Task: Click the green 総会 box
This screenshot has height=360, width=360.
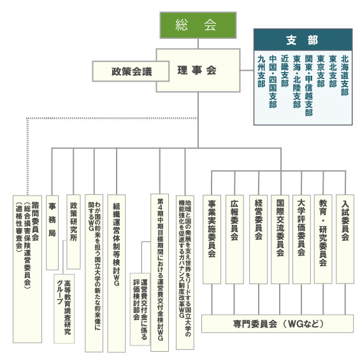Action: [198, 25]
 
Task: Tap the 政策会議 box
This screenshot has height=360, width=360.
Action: [131, 71]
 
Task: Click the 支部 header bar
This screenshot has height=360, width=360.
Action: [303, 40]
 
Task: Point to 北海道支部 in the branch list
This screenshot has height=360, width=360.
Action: [345, 75]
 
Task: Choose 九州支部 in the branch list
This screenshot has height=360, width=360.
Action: [261, 71]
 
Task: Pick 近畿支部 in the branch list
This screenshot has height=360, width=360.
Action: [285, 71]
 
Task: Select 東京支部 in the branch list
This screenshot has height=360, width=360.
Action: [320, 71]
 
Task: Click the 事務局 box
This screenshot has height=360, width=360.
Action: [52, 233]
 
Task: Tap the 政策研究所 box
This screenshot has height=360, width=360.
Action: [73, 232]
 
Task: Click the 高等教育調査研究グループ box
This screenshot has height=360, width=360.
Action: [64, 308]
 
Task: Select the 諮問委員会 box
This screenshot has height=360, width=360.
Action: [27, 269]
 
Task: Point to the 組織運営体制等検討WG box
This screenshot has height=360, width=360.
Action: [117, 273]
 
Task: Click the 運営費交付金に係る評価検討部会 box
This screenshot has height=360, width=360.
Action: [140, 309]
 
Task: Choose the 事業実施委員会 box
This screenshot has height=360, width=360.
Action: [212, 239]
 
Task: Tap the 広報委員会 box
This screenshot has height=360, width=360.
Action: [234, 239]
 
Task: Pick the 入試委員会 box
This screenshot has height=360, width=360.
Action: [345, 239]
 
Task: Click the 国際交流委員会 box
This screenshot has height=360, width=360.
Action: [280, 239]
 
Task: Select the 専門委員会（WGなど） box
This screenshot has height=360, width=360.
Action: [277, 324]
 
